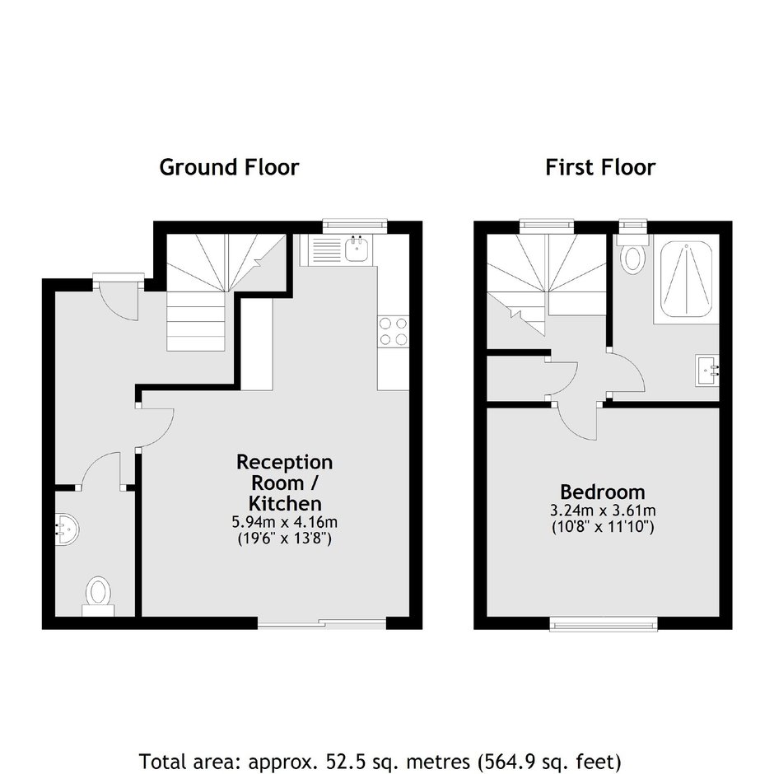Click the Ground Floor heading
coord(229,167)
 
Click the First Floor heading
coord(600,167)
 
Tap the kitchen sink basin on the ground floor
coord(356,249)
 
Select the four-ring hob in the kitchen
coord(394,331)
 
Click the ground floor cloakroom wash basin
coord(65,529)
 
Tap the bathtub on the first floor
coord(686,279)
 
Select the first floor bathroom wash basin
coord(707,370)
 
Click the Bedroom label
coord(602,492)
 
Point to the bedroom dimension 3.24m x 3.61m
coord(603,511)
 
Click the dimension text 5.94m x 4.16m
coord(285,522)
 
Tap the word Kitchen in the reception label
coord(285,503)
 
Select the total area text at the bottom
coord(380,762)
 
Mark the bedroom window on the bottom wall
coord(604,624)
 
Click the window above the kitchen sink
coord(354,226)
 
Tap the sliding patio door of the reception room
coord(322,623)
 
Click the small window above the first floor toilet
coord(633,226)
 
